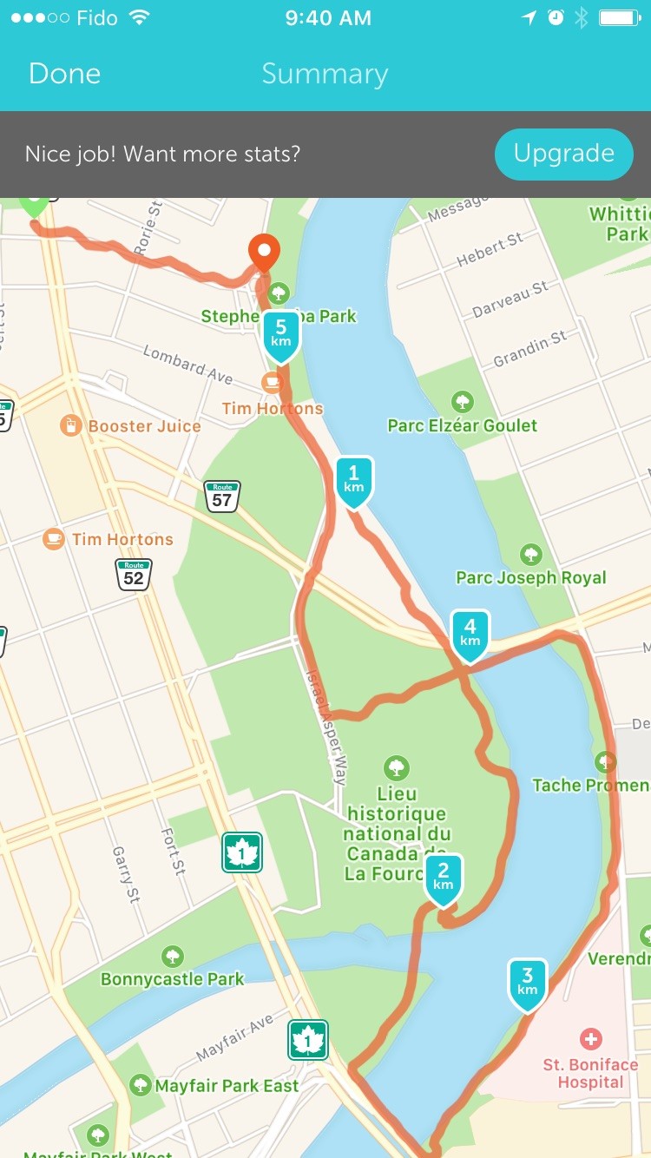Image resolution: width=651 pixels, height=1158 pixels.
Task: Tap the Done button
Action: [x=64, y=74]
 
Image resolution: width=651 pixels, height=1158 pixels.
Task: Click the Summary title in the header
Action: [x=325, y=74]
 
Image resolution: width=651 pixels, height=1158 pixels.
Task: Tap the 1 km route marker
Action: [x=354, y=480]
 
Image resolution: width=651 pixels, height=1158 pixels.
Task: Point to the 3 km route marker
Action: [x=528, y=984]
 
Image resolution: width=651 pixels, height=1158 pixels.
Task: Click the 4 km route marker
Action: [x=470, y=635]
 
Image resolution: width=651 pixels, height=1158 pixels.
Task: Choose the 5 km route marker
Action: [x=280, y=334]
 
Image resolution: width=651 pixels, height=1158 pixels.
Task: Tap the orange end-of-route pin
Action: [x=264, y=251]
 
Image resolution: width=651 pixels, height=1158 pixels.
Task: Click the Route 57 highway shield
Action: [x=222, y=497]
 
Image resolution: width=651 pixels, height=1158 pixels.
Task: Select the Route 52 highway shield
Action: [x=134, y=575]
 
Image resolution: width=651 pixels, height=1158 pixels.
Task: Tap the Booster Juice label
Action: [x=144, y=426]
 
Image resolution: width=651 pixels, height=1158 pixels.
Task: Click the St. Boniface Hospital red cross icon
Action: [x=591, y=1038]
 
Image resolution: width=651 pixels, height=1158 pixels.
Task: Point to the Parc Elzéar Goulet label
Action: [x=462, y=425]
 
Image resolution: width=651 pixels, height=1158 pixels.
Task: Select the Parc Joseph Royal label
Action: [x=531, y=577]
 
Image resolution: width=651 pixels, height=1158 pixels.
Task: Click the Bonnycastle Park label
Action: [x=172, y=978]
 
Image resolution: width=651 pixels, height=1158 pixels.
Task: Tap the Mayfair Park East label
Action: [x=227, y=1085]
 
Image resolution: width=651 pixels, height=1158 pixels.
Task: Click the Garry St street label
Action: [x=126, y=874]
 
